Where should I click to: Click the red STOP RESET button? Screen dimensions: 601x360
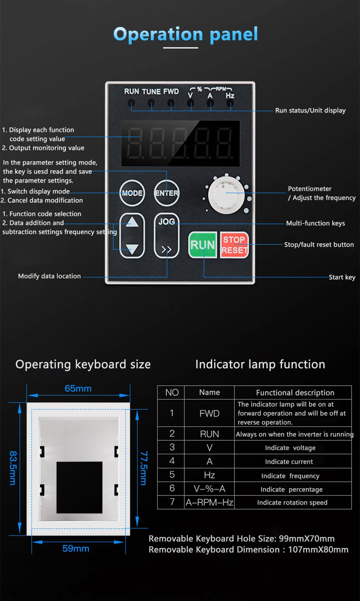(234, 245)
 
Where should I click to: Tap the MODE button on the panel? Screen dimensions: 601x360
(132, 193)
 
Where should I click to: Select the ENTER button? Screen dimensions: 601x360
(166, 193)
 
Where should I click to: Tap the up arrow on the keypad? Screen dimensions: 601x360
(132, 223)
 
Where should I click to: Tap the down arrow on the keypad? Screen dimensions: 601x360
(132, 248)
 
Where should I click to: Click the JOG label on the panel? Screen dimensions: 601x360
(166, 222)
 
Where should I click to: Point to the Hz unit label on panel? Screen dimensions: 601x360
(230, 96)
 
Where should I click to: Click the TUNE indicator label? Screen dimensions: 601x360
(151, 91)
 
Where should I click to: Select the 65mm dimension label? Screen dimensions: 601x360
(78, 388)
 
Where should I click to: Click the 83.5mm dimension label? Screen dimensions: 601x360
(13, 468)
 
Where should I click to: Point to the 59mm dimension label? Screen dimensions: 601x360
(76, 549)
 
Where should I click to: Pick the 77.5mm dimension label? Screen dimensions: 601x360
(143, 468)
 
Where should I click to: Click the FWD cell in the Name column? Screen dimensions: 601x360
(209, 413)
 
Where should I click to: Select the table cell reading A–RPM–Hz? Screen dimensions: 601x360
(209, 502)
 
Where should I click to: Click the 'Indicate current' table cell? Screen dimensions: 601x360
(289, 462)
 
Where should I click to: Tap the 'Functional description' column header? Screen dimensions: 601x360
(295, 393)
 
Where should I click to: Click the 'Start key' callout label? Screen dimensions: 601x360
(342, 277)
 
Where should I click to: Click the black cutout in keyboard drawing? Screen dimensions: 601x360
(79, 487)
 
